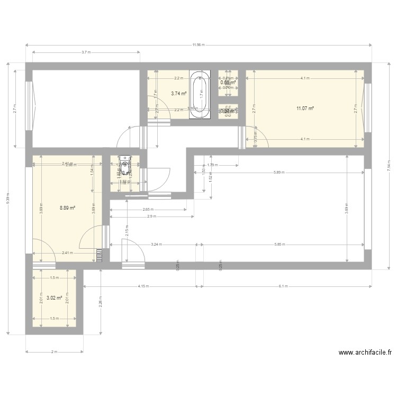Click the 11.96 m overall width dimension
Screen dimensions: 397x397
(x=198, y=45)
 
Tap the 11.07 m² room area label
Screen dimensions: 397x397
(x=305, y=109)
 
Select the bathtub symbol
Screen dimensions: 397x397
(x=200, y=94)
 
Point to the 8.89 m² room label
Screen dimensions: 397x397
(x=67, y=208)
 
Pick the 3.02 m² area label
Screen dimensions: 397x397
(x=55, y=298)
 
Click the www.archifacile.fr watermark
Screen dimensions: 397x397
(x=365, y=353)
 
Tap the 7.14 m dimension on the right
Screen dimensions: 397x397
(x=389, y=166)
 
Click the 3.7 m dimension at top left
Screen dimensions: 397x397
(x=86, y=52)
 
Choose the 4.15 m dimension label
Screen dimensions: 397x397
(x=142, y=286)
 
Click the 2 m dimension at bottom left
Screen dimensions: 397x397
(x=54, y=352)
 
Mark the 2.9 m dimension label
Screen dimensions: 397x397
(x=151, y=216)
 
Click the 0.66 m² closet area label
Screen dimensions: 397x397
(x=228, y=83)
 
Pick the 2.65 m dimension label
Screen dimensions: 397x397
(x=148, y=209)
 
